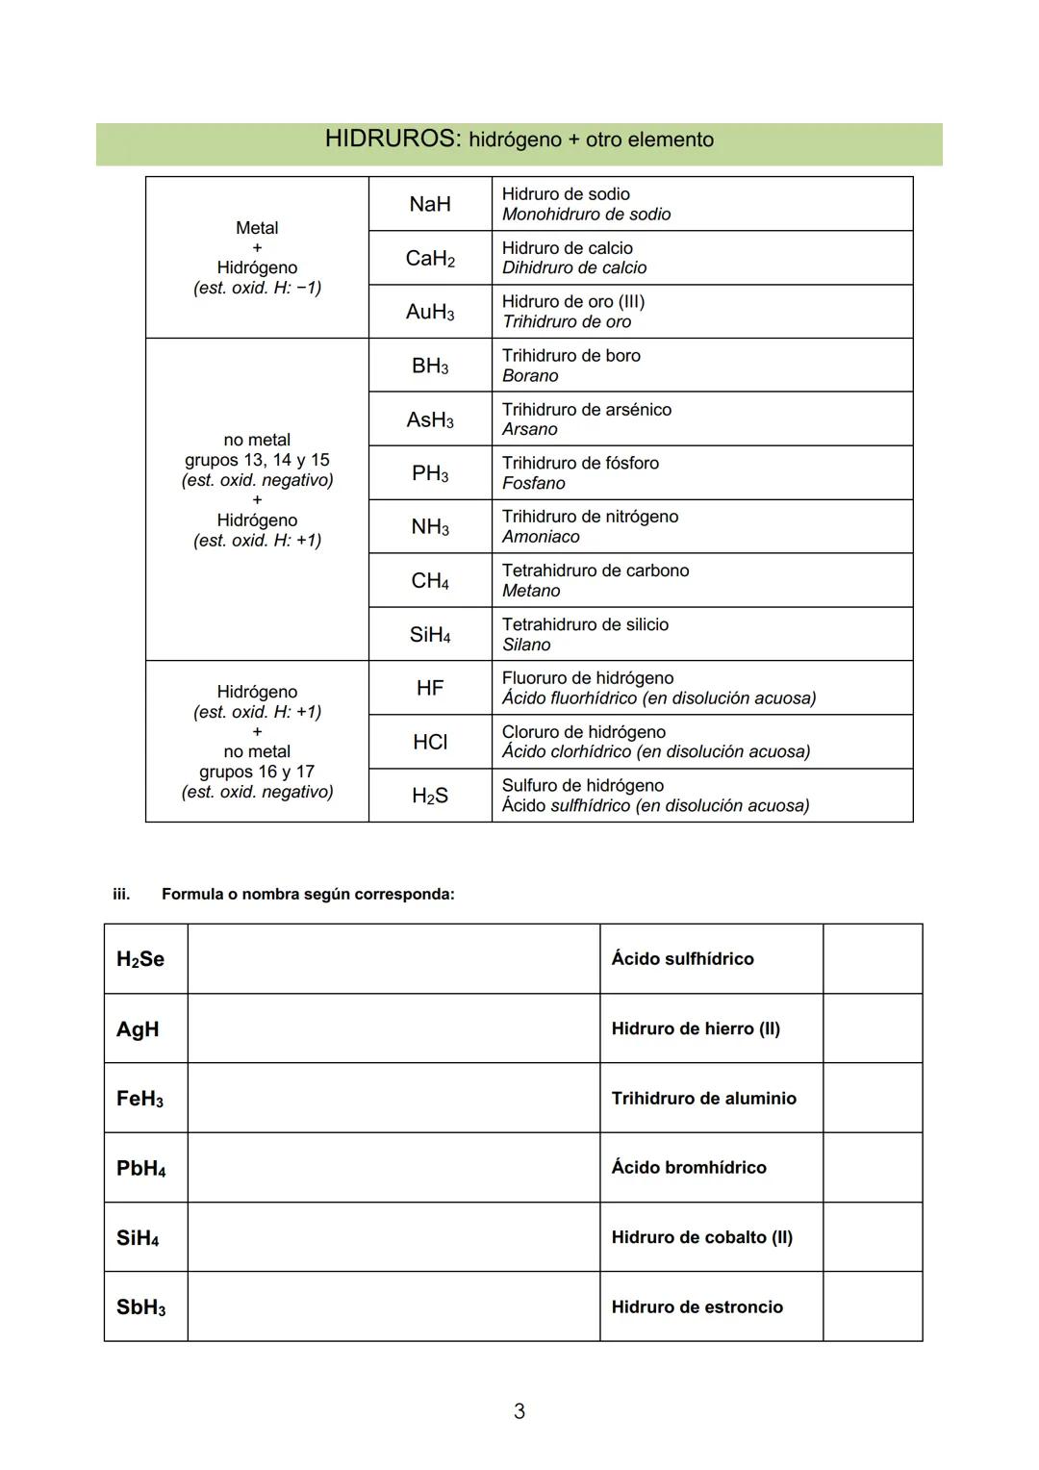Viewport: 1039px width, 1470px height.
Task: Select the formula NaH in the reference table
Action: pos(429,204)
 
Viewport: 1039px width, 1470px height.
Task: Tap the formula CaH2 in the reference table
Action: pos(429,258)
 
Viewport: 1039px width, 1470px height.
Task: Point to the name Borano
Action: pos(530,376)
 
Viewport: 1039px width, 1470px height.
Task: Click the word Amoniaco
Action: pos(541,537)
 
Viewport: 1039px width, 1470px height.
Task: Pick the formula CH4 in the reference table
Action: pos(429,581)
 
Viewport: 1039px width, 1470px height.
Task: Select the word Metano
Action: pos(531,591)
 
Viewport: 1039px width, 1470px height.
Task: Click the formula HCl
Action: pos(429,742)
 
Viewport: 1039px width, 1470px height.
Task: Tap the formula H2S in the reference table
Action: pos(429,796)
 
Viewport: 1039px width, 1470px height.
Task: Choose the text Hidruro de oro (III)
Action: pos(573,301)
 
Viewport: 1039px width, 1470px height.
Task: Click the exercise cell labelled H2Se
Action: pos(140,959)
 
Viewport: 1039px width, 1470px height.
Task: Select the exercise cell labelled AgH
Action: pos(138,1028)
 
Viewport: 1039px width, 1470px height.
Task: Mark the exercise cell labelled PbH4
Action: pos(141,1168)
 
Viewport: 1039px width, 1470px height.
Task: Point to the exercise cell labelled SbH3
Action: pos(141,1307)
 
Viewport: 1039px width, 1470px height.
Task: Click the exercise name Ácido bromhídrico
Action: pos(689,1167)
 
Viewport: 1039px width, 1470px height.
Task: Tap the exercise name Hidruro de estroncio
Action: pos(697,1306)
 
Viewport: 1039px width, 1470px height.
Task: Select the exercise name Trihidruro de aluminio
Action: pos(703,1098)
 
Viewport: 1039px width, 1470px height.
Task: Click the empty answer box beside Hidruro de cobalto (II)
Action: pos(872,1237)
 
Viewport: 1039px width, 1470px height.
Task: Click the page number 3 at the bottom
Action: pos(519,1411)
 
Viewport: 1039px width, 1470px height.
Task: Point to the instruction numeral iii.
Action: pos(121,894)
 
